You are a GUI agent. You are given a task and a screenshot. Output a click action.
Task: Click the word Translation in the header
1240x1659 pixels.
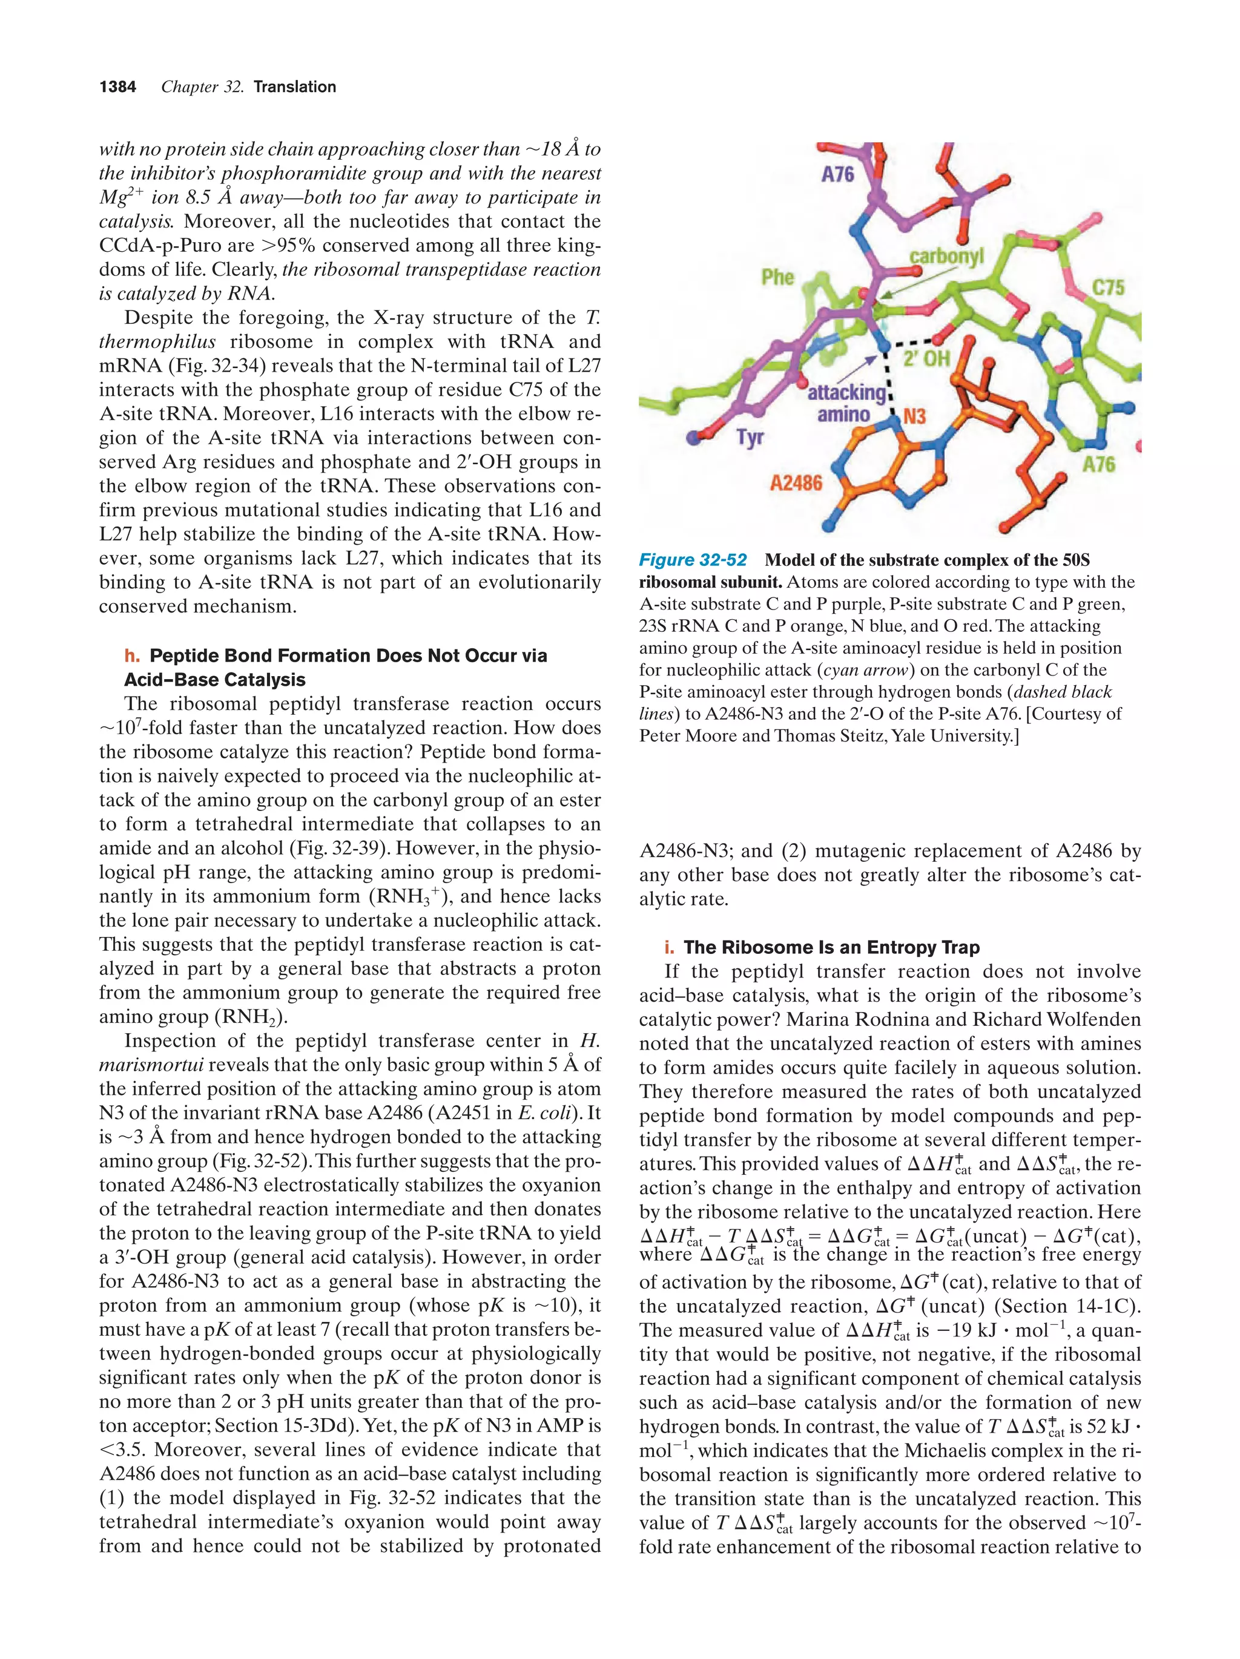tap(294, 87)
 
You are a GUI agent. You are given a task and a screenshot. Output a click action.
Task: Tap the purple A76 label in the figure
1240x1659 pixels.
tap(837, 175)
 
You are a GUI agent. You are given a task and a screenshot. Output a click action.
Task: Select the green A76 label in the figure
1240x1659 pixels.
tap(1098, 464)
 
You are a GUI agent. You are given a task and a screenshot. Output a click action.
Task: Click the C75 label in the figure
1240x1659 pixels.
tap(1108, 287)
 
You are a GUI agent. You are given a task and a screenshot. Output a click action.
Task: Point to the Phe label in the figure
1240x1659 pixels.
tap(777, 277)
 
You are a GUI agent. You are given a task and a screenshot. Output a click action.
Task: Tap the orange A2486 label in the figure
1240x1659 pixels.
tap(796, 483)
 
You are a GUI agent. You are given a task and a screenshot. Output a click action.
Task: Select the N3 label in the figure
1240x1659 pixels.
tap(914, 416)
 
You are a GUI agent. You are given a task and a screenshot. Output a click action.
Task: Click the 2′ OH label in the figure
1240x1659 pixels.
tap(926, 358)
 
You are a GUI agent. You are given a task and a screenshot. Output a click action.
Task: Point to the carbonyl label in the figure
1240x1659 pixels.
tap(946, 257)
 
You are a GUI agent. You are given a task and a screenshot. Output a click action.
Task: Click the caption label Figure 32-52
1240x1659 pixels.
tap(693, 560)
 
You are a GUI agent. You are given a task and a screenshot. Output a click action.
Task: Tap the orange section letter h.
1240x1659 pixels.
tap(132, 655)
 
